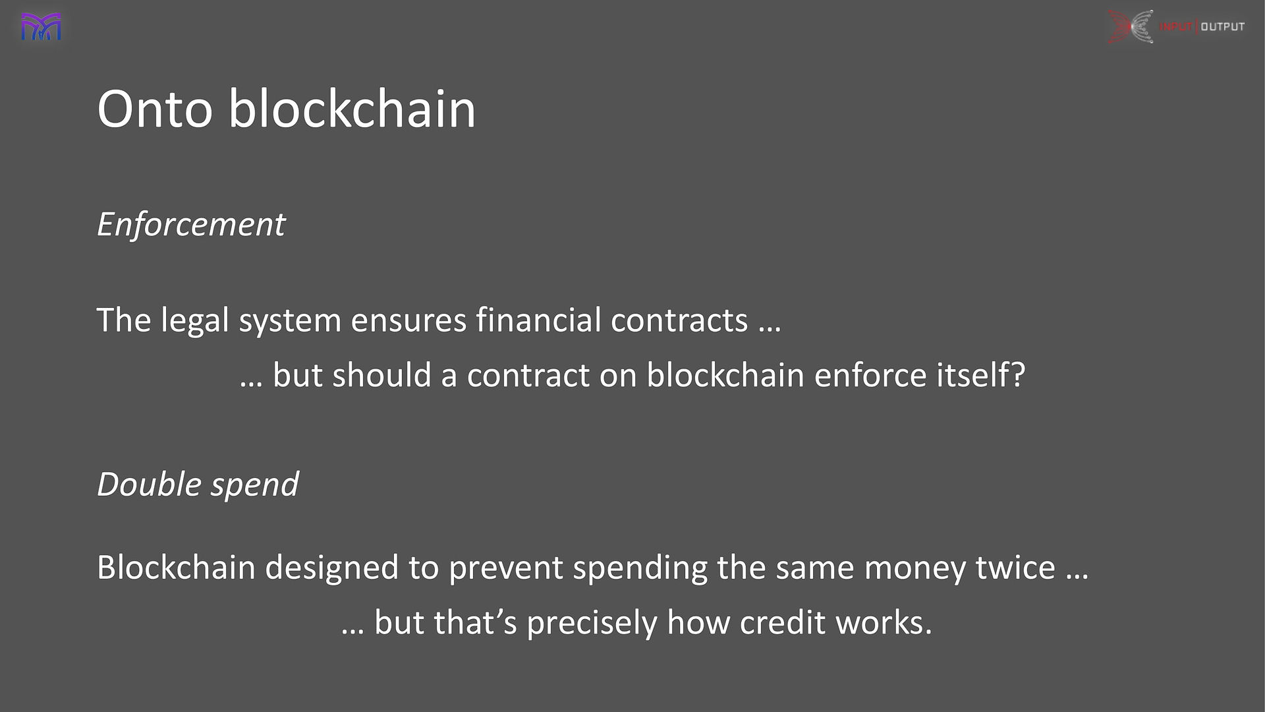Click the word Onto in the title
tap(155, 109)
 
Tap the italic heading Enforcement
tap(191, 225)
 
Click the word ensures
tap(408, 321)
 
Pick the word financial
tap(538, 320)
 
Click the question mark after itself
tap(1019, 374)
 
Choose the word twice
tap(1015, 568)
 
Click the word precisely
tap(592, 624)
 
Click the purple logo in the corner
tap(41, 27)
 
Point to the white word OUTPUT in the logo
tap(1223, 26)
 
